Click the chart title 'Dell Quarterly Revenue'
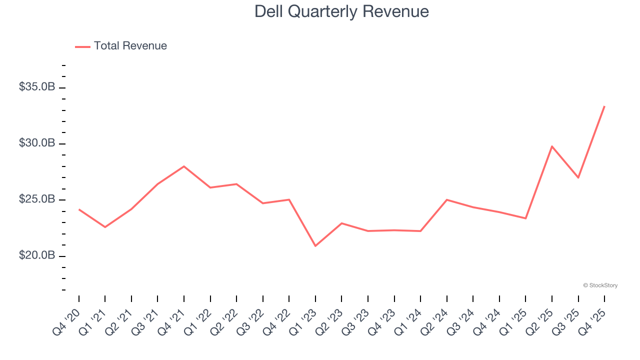point(341,11)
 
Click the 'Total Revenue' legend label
point(130,46)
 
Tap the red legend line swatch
point(82,46)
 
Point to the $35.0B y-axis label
point(37,87)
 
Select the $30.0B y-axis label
point(37,143)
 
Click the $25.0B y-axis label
point(37,199)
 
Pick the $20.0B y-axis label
point(37,255)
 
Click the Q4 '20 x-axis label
point(66,321)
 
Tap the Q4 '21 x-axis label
point(171,321)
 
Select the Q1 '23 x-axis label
point(302,321)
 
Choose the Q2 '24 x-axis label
point(434,321)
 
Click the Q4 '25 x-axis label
point(591,321)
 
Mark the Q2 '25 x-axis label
point(539,321)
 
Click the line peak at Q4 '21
point(184,166)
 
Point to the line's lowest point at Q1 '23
point(315,246)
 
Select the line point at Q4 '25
point(604,106)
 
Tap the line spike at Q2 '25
point(551,146)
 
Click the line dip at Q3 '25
point(578,177)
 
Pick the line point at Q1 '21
point(105,227)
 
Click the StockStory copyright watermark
point(600,285)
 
